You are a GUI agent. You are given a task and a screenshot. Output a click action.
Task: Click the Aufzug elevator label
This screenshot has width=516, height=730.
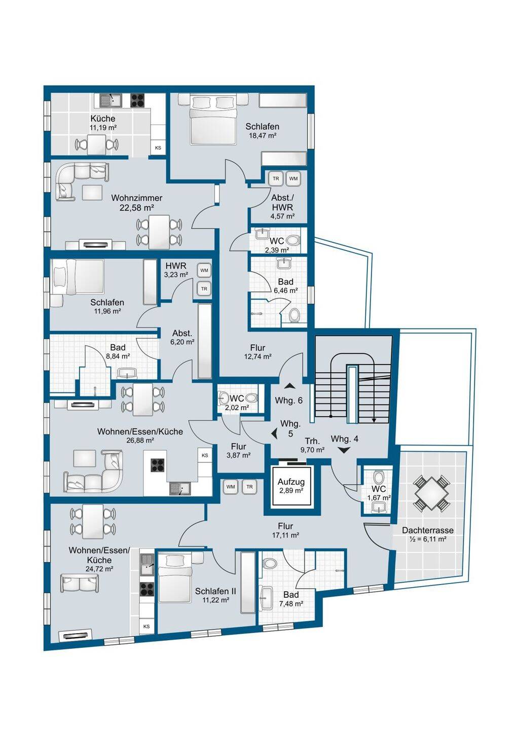point(291,481)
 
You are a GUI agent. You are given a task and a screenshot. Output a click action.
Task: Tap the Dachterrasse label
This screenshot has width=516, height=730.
point(427,530)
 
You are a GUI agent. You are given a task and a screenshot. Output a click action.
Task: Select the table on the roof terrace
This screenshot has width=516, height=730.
point(431,493)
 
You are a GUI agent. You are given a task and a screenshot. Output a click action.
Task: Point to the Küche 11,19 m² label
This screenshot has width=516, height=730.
point(103,118)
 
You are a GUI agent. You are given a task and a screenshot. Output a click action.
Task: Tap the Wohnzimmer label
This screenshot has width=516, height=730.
point(136,198)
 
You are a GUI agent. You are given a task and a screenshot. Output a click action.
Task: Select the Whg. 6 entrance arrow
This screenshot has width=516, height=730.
point(289,386)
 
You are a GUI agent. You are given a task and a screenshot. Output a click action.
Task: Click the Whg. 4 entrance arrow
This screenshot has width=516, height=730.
point(344,450)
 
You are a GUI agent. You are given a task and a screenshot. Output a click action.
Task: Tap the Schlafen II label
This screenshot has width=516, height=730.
point(215,591)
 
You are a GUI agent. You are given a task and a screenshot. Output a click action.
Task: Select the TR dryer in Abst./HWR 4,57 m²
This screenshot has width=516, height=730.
point(276,179)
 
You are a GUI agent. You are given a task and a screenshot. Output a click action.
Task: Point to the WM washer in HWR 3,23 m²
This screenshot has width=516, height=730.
point(204,271)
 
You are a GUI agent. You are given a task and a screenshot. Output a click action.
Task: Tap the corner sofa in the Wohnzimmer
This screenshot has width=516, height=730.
point(82,181)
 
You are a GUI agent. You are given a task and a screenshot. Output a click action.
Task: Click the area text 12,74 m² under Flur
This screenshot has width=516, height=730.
point(257,356)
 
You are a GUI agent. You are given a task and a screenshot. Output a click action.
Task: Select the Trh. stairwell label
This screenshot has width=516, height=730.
point(312,441)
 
